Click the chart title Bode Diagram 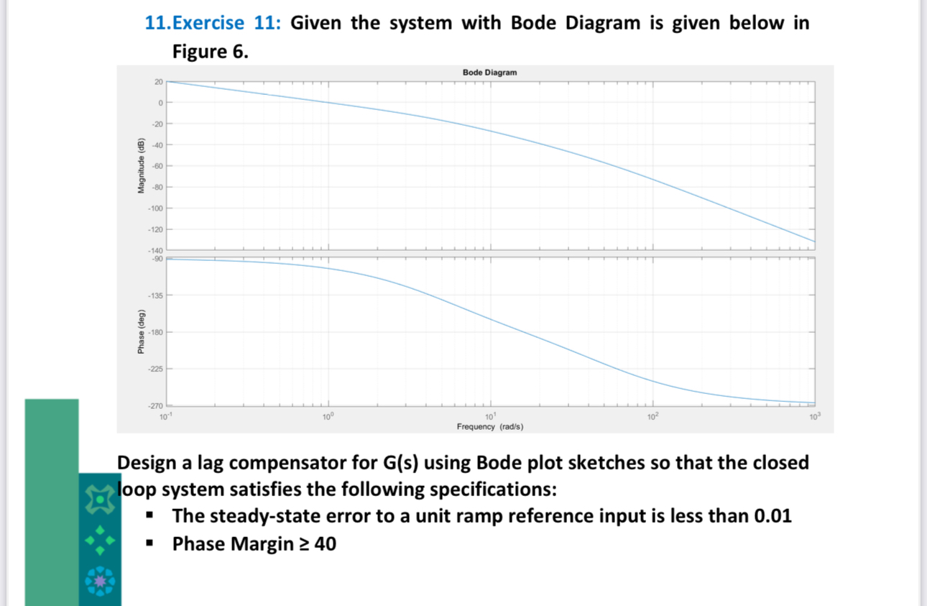pos(489,73)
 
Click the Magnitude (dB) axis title pos(142,165)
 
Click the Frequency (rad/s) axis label pos(489,427)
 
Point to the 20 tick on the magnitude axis pos(158,82)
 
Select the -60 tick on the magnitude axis pos(157,166)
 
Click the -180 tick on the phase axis pos(156,332)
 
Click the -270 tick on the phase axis pos(156,406)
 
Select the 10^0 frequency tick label pos(328,417)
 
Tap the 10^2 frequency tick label pos(652,417)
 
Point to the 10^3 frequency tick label pos(813,417)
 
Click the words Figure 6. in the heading pos(211,52)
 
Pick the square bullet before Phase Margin pos(150,544)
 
